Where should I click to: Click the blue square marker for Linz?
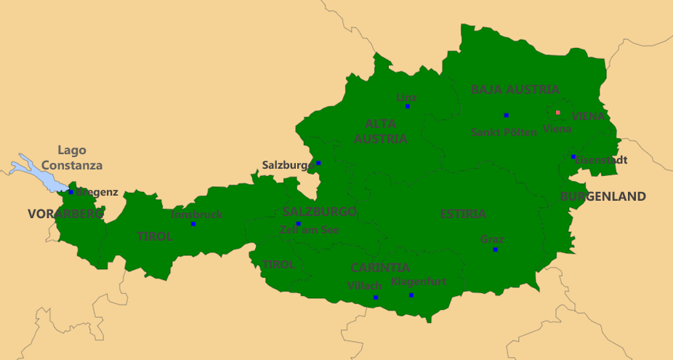[408, 106]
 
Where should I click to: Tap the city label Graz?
[492, 239]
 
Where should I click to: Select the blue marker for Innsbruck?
[193, 224]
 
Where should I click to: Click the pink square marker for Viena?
[558, 113]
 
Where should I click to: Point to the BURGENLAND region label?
[603, 196]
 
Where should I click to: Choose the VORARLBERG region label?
[65, 214]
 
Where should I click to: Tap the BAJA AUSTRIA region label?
[515, 89]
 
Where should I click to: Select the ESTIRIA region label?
[463, 214]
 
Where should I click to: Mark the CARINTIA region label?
[380, 268]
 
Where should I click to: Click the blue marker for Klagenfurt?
[411, 295]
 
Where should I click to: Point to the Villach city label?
[365, 285]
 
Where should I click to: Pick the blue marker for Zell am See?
[298, 223]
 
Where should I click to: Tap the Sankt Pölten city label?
[504, 132]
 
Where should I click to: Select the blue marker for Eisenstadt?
[573, 156]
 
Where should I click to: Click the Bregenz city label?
[97, 192]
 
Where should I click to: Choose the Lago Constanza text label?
[71, 158]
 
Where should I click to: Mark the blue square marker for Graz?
[496, 249]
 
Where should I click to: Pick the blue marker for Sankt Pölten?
[506, 115]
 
